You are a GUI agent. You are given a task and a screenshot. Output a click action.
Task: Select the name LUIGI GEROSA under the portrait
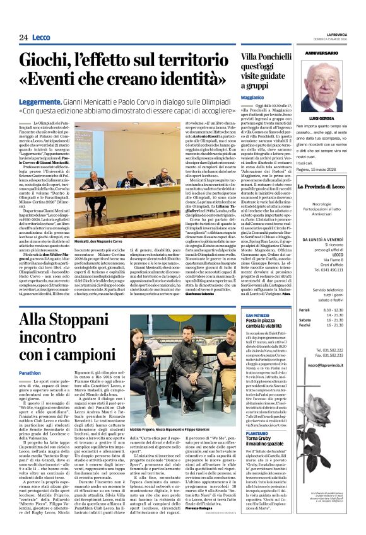click(322, 118)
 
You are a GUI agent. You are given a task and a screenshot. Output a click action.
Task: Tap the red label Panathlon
click(30, 373)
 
